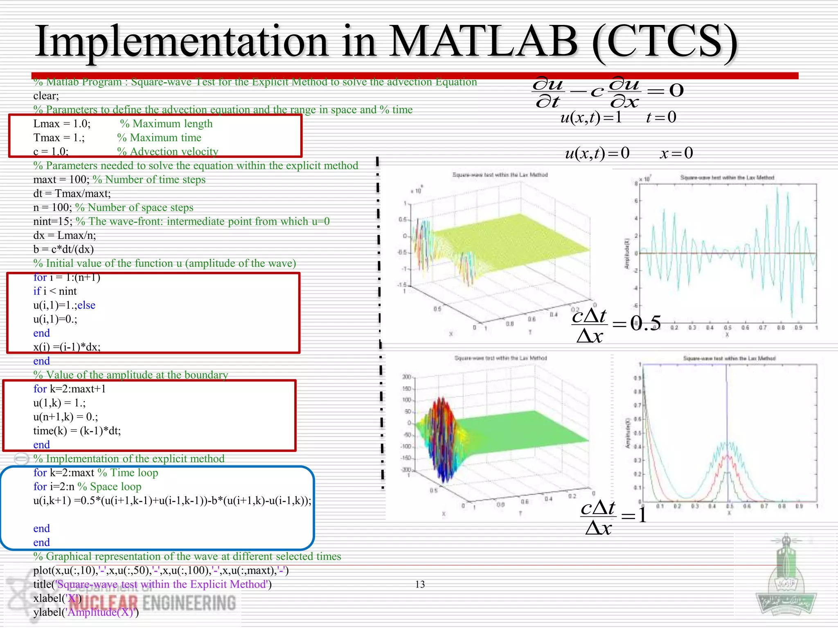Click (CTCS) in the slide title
pos(665,42)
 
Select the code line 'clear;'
pos(46,96)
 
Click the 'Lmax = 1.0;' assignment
pos(62,123)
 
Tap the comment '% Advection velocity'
pos(168,151)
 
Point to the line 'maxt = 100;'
pos(61,179)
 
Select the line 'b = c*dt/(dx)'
pos(63,249)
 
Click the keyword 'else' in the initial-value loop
pos(86,305)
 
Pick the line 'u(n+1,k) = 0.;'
pos(65,417)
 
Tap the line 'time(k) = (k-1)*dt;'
pos(77,431)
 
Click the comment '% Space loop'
pos(110,487)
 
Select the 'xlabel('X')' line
pos(57,598)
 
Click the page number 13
pos(420,584)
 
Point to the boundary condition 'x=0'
pos(676,153)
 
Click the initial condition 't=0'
pos(661,117)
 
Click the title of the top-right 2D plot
pos(727,177)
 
